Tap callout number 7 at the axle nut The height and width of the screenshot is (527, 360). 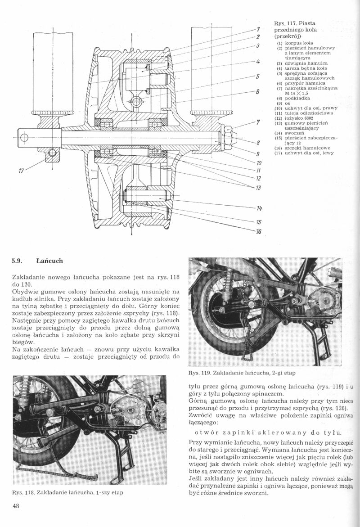[258, 122]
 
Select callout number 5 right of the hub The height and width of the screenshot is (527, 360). [258, 77]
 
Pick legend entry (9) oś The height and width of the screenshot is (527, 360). [283, 103]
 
